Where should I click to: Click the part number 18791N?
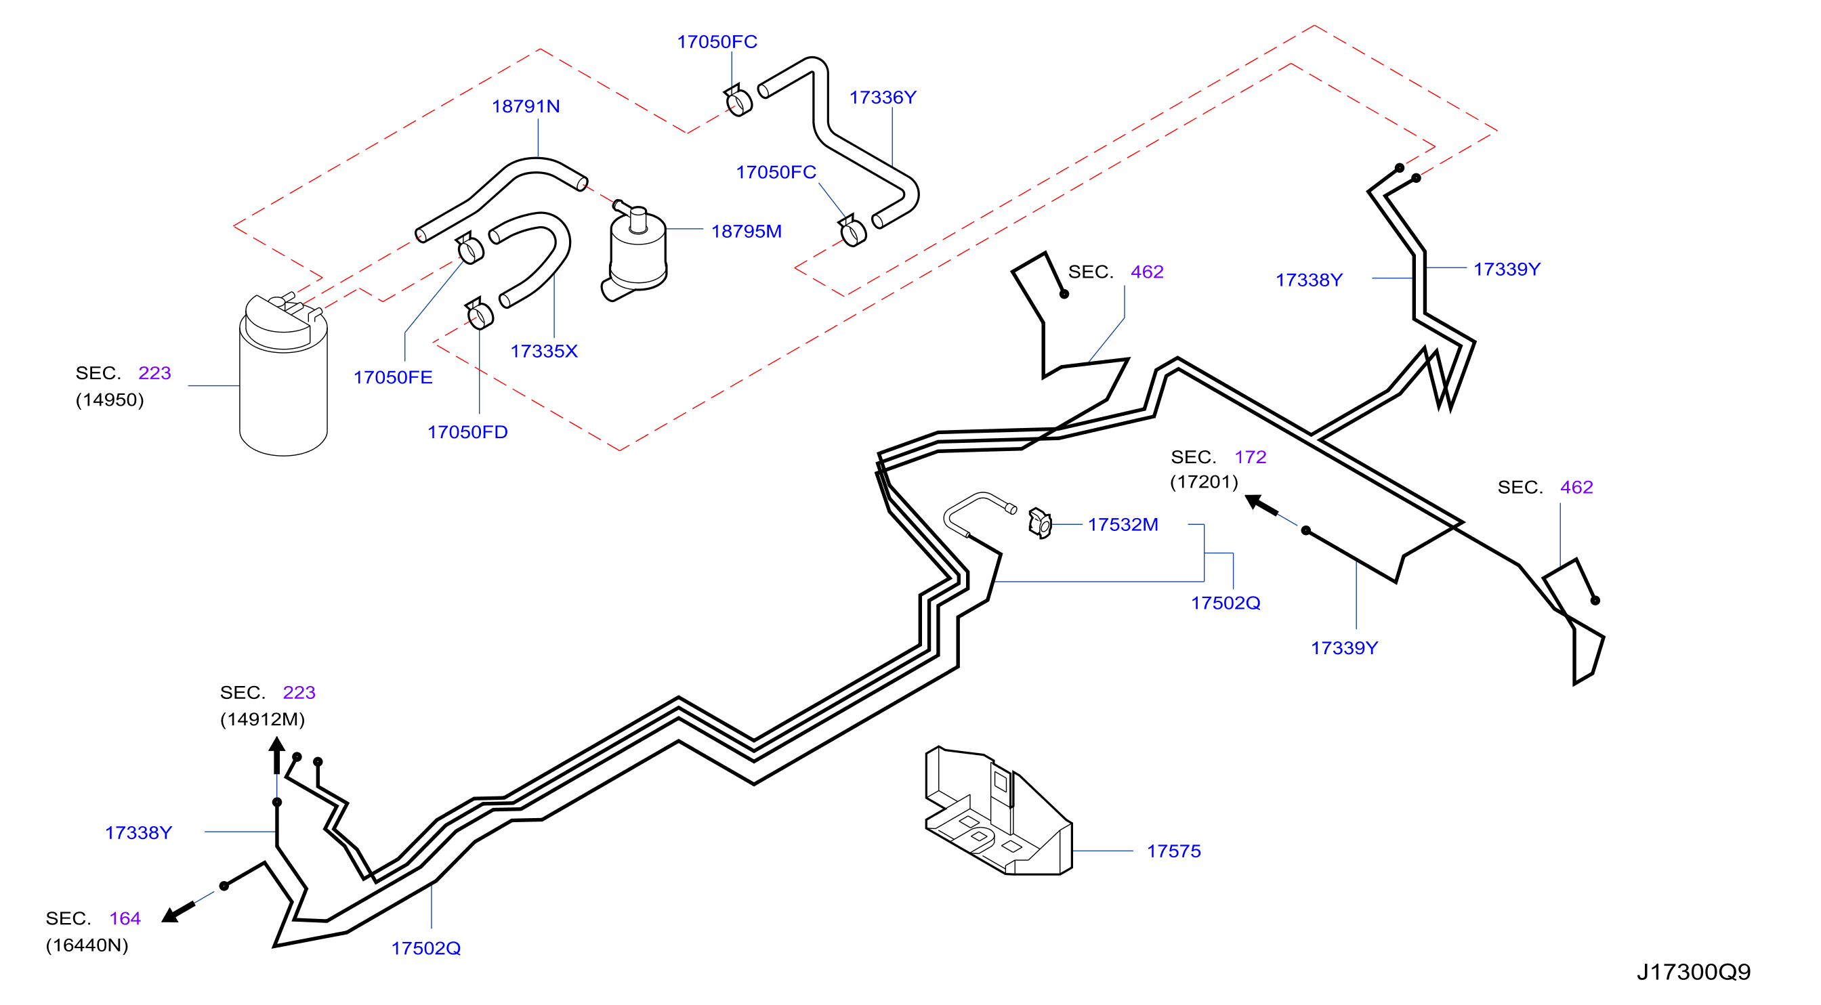click(x=525, y=106)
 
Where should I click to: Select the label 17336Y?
click(x=882, y=98)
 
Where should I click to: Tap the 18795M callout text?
click(x=746, y=231)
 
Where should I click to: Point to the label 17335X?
click(x=543, y=351)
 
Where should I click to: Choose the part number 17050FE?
click(x=392, y=377)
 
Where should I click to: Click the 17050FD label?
click(x=467, y=432)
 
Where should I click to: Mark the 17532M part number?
click(x=1123, y=524)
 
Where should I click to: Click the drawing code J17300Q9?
click(x=1694, y=972)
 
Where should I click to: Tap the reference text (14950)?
click(x=110, y=400)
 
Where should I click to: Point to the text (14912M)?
click(x=262, y=719)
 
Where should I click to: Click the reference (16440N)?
click(x=87, y=945)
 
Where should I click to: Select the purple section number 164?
click(x=125, y=918)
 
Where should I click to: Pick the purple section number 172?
click(x=1250, y=456)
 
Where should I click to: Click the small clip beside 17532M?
click(x=1040, y=523)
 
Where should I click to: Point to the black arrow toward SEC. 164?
click(x=178, y=912)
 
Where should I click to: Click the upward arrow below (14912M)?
click(x=277, y=756)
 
